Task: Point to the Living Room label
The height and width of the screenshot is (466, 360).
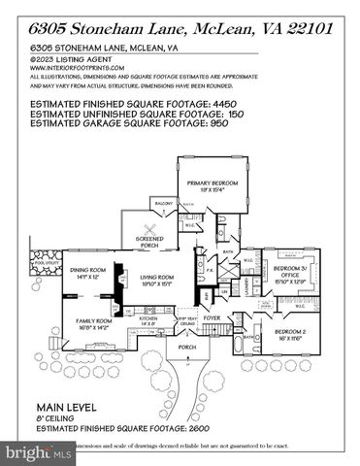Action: [157, 280]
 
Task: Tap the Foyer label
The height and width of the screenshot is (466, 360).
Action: [213, 316]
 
